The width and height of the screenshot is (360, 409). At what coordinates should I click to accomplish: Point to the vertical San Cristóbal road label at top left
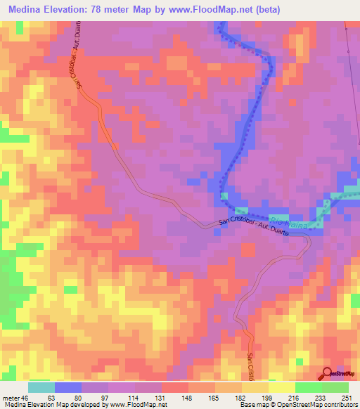(82, 61)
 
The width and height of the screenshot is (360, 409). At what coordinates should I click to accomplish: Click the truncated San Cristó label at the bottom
(250, 365)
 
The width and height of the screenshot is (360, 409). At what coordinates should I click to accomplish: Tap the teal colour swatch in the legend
(41, 387)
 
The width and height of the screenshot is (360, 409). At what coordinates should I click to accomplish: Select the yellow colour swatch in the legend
(282, 387)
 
